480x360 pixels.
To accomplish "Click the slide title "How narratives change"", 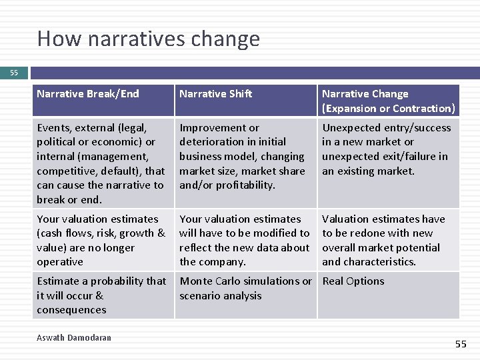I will [x=148, y=39].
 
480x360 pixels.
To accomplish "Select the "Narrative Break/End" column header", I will [x=88, y=94].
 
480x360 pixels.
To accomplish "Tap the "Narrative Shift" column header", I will [x=215, y=94].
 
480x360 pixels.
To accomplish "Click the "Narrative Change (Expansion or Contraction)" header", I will [x=388, y=101].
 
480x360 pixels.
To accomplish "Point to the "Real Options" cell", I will [x=353, y=281].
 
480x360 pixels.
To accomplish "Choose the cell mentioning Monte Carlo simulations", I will [x=245, y=288].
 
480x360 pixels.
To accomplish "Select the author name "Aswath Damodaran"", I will [x=74, y=338].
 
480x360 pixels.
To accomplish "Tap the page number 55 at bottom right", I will [x=461, y=344].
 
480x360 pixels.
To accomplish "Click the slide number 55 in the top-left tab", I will [x=14, y=73].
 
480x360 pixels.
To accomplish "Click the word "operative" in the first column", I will [x=60, y=262].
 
